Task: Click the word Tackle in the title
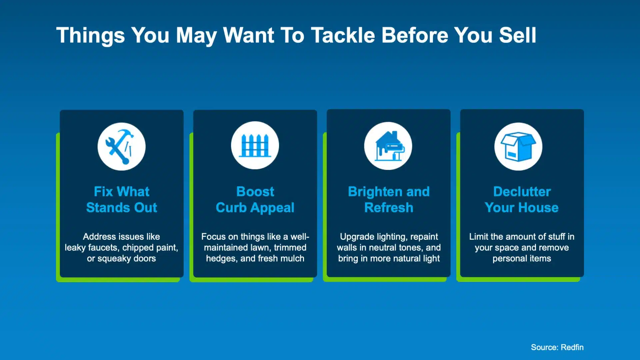(x=343, y=35)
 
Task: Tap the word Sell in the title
(x=517, y=35)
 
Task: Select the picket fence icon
(x=255, y=146)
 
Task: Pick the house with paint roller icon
(x=389, y=146)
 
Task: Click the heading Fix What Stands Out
(x=122, y=199)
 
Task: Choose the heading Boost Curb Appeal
(x=255, y=200)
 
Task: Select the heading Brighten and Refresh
(x=389, y=199)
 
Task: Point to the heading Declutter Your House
(x=522, y=199)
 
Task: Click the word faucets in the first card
(x=103, y=248)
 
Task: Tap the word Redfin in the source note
(x=572, y=347)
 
